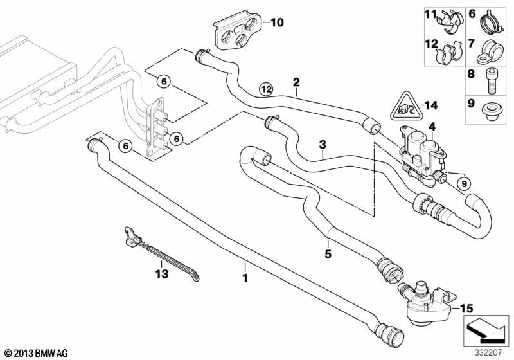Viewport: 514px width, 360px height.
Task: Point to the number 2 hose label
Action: (296, 82)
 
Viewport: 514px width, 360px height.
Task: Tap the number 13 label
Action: (160, 274)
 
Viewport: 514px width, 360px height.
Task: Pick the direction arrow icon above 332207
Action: (486, 330)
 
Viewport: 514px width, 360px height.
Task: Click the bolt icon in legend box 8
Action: (492, 79)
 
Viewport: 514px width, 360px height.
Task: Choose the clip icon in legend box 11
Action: (449, 21)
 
